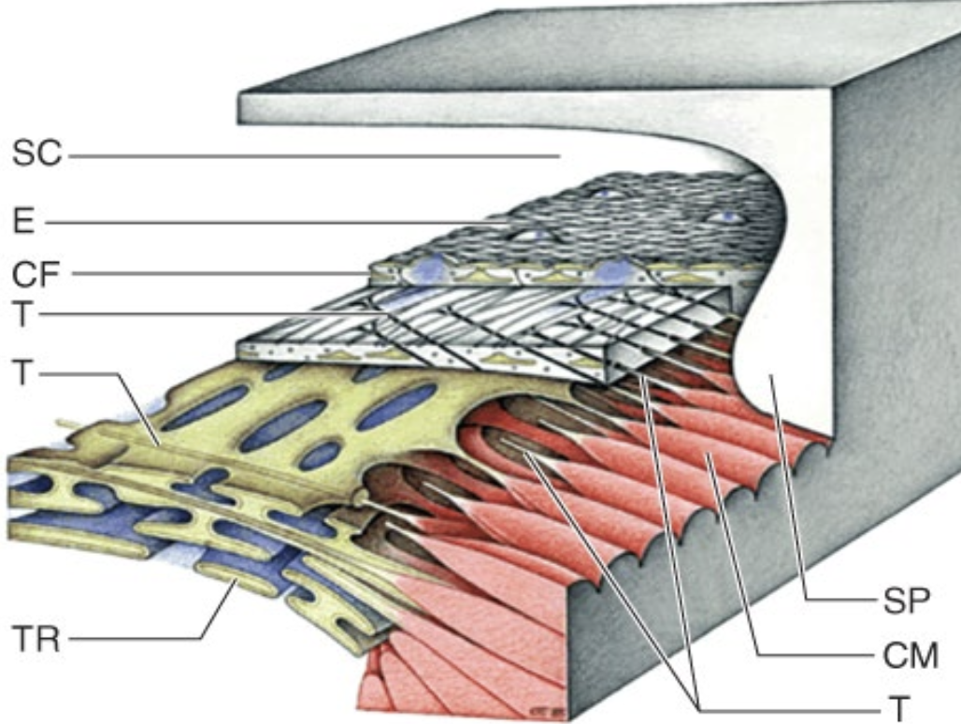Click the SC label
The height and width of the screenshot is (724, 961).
click(x=36, y=153)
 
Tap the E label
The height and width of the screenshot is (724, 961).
click(x=25, y=223)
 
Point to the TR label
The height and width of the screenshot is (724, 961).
click(x=36, y=641)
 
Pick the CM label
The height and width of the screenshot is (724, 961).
click(x=910, y=656)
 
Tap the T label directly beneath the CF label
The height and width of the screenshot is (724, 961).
click(x=24, y=313)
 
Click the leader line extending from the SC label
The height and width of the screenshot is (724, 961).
click(x=308, y=155)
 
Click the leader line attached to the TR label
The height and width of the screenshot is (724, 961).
click(x=140, y=640)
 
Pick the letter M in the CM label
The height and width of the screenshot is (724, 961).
click(x=922, y=656)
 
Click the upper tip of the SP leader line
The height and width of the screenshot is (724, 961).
click(x=770, y=376)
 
